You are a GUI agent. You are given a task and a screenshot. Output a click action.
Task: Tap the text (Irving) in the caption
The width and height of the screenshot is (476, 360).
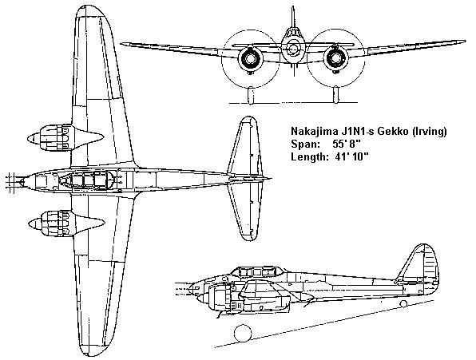pyautogui.click(x=429, y=132)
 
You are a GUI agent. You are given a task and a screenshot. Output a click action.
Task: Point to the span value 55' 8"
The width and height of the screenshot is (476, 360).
pyautogui.click(x=347, y=144)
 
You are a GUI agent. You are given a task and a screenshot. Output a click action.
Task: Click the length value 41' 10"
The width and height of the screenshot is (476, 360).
pyautogui.click(x=352, y=156)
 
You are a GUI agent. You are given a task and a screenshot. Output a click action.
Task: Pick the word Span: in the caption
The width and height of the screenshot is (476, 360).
pyautogui.click(x=305, y=144)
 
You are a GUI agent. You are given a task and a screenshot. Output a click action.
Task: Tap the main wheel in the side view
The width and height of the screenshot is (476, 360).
pyautogui.click(x=243, y=333)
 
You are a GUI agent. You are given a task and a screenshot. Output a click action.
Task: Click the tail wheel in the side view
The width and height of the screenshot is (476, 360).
pyautogui.click(x=403, y=303)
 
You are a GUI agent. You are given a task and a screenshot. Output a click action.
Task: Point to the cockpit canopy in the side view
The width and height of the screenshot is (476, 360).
pyautogui.click(x=258, y=272)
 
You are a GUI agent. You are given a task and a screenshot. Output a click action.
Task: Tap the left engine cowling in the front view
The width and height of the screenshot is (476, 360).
pyautogui.click(x=251, y=58)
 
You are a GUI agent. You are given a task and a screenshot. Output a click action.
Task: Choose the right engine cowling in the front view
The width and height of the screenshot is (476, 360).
pyautogui.click(x=335, y=58)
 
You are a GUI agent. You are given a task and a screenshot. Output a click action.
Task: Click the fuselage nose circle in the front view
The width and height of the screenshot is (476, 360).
pyautogui.click(x=292, y=49)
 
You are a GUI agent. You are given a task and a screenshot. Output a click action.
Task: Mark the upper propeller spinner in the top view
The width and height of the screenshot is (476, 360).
pyautogui.click(x=34, y=139)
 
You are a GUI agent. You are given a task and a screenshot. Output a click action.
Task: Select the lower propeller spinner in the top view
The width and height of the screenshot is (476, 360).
pyautogui.click(x=34, y=224)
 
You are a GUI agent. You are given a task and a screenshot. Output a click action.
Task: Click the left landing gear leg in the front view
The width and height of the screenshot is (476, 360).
pyautogui.click(x=251, y=95)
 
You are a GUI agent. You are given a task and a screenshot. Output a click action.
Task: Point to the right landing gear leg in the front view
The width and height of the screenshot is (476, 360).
pyautogui.click(x=335, y=95)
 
